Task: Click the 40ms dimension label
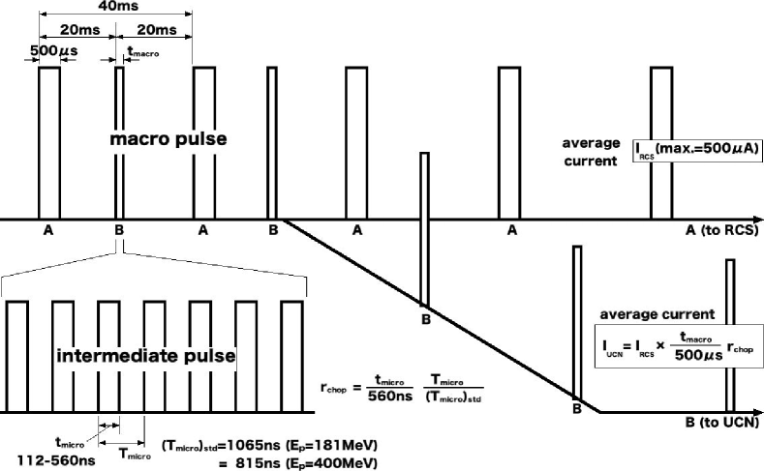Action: click(x=116, y=6)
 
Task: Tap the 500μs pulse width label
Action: click(x=46, y=50)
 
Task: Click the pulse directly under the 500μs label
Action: click(x=48, y=143)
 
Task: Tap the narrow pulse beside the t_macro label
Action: click(x=119, y=143)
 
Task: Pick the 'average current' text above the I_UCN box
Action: click(x=657, y=314)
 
